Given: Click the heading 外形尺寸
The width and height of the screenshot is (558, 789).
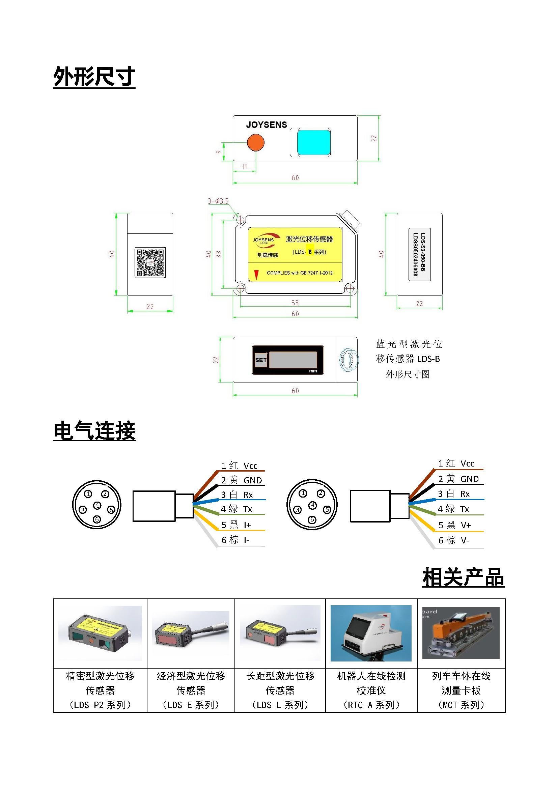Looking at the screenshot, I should (94, 76).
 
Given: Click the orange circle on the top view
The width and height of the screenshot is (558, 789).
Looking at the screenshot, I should (256, 142).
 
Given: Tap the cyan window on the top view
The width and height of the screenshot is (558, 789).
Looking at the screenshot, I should (313, 142).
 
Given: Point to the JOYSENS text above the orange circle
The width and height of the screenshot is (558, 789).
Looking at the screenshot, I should (266, 125).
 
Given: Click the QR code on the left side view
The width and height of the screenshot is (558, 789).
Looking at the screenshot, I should (150, 262).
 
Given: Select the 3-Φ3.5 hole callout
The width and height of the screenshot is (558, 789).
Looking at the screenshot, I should (218, 201).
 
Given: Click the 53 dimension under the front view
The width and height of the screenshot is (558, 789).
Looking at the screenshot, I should (295, 303).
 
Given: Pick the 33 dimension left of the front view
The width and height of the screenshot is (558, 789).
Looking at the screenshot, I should (219, 254).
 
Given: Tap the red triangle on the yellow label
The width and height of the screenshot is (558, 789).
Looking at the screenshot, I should (256, 274).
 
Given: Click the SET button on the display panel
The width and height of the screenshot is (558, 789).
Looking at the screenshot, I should (261, 360).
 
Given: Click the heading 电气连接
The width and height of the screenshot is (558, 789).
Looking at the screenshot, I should (94, 430).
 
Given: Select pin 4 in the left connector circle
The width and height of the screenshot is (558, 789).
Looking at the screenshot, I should (97, 505).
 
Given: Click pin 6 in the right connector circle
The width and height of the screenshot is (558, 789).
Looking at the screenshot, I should (312, 519).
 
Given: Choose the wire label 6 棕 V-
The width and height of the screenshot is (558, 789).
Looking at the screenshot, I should (453, 540).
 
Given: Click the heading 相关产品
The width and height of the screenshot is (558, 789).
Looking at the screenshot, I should (463, 577).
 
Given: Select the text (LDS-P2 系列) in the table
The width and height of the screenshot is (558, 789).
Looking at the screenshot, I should (100, 705).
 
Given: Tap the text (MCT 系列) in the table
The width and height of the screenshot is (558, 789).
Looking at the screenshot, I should (461, 705).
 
